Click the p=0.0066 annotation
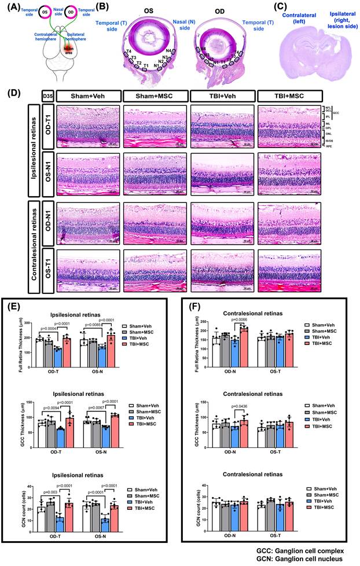pos(243,319)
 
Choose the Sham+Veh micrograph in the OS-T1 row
pos(89,268)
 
